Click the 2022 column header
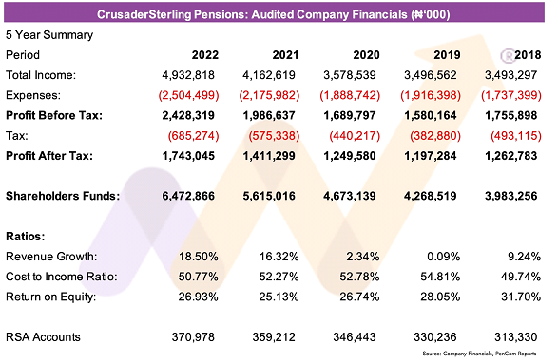[x=205, y=55]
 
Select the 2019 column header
[x=447, y=55]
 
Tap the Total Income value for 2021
[x=269, y=75]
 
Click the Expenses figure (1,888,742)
[x=350, y=95]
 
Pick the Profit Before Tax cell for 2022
[x=188, y=115]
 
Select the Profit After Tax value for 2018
[x=511, y=156]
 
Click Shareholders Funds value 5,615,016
[x=269, y=196]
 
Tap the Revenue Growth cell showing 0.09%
[x=443, y=257]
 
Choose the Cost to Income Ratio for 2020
[x=359, y=277]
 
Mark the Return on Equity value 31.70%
[x=521, y=297]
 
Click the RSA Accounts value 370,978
[x=193, y=337]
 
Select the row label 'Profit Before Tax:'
[x=54, y=115]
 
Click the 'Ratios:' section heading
[x=26, y=237]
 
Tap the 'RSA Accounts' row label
[x=43, y=337]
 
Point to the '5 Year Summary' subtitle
[x=49, y=35]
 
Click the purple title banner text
[x=274, y=14]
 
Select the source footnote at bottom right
[x=479, y=354]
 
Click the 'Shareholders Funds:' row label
[x=63, y=196]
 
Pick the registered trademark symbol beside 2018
[x=508, y=56]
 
